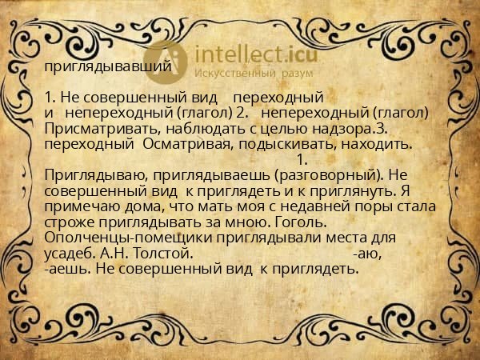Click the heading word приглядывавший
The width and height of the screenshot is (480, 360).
tap(108, 67)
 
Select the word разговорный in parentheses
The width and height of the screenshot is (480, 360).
tap(323, 174)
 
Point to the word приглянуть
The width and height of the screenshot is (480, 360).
tap(376, 190)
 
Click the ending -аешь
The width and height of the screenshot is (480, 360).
tap(68, 269)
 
